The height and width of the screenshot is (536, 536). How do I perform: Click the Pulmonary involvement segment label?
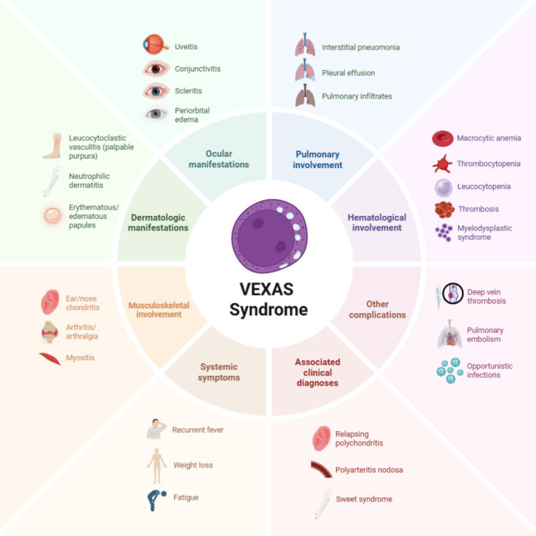317,159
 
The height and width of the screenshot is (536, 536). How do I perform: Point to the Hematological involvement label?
376,223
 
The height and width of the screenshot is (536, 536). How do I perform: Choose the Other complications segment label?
377,309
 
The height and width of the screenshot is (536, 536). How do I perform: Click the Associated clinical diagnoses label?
317,373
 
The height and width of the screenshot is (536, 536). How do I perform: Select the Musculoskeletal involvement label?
159,309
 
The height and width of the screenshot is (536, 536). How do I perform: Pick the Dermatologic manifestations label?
159,223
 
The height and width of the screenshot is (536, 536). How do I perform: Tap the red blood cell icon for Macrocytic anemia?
442,139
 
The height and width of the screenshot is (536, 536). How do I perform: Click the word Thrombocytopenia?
488,163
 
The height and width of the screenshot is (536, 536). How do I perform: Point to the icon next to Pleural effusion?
305,72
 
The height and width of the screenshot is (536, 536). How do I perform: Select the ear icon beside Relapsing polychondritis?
321,438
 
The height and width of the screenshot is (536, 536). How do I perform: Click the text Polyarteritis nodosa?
369,470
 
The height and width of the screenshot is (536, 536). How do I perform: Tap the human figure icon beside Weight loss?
157,465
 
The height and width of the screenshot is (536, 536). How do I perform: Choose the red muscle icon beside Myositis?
52,359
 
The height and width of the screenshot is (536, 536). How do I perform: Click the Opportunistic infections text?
484,370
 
